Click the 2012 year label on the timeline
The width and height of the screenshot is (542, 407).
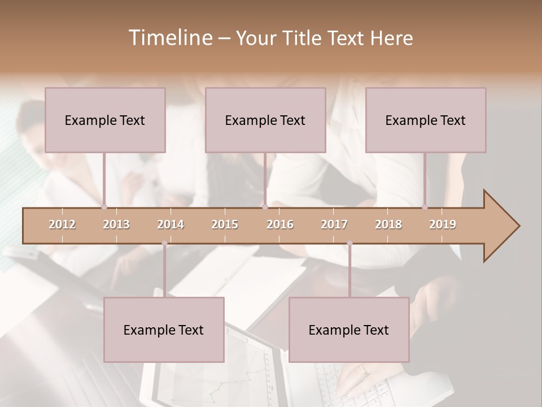tap(62, 224)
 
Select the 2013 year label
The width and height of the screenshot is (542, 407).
tap(116, 224)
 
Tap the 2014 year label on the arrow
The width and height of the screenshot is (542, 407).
tap(171, 224)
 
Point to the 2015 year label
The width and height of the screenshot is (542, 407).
tap(225, 224)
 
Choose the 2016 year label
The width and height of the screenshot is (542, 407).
tap(280, 224)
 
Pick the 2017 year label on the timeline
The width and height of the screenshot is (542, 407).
tap(334, 224)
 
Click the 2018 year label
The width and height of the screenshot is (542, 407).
tap(388, 224)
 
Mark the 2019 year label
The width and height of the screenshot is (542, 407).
tap(443, 224)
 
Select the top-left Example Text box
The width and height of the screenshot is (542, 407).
tap(105, 120)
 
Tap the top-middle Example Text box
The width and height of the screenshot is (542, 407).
tap(265, 120)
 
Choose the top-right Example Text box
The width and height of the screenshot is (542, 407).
tap(426, 120)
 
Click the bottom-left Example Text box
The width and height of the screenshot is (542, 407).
tap(164, 330)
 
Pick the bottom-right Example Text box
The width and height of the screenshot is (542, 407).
tap(349, 330)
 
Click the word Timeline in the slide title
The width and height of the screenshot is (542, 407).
tap(169, 38)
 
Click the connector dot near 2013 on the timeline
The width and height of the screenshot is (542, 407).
tap(104, 207)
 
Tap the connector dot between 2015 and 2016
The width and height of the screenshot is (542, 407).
tap(265, 207)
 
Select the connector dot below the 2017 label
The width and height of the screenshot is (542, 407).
tap(349, 244)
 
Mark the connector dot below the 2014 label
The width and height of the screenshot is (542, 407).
tap(164, 244)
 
